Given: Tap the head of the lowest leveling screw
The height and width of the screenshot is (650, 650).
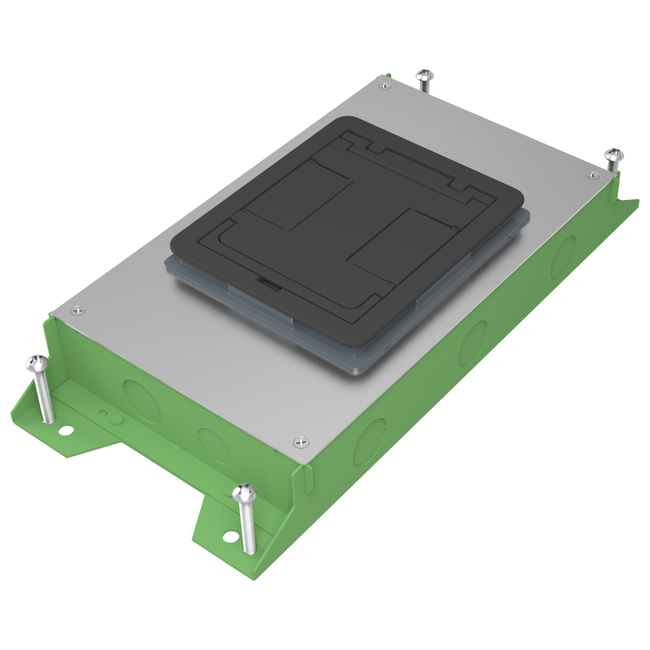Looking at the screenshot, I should [244, 492].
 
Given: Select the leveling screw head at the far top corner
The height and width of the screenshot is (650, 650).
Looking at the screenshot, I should [425, 76].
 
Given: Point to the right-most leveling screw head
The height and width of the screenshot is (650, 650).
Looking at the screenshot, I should [614, 154].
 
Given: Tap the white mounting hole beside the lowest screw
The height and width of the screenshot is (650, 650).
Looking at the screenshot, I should [227, 536].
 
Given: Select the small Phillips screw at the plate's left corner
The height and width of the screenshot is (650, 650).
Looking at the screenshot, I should [77, 310].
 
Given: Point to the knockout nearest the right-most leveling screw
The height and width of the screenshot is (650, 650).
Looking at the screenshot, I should [562, 256].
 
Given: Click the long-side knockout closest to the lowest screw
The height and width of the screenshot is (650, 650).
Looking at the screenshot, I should [369, 441].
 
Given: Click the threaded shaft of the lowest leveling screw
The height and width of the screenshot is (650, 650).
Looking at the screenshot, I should [248, 527].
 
